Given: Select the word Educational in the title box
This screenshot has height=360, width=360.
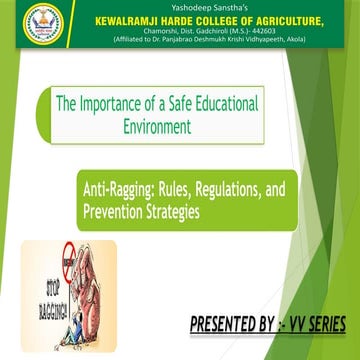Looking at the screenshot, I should tap(219, 102).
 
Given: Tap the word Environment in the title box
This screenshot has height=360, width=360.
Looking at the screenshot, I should tap(159, 126).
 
